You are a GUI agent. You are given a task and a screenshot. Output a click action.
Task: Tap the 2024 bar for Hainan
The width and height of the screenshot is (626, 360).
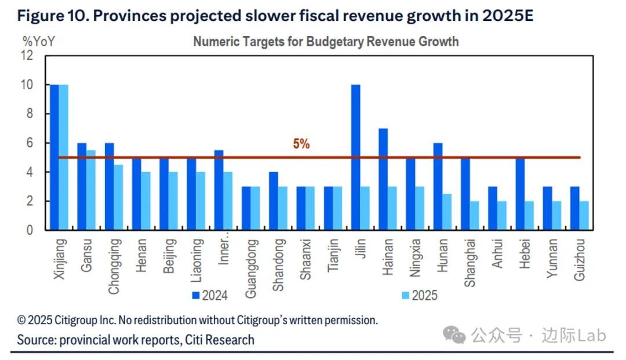click(x=383, y=179)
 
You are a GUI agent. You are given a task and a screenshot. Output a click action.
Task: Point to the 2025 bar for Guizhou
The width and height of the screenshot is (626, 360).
click(x=584, y=216)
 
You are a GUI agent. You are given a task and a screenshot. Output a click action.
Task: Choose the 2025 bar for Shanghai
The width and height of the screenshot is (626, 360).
click(x=474, y=216)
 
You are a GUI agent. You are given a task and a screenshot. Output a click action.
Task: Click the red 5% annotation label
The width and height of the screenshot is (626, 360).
click(x=301, y=144)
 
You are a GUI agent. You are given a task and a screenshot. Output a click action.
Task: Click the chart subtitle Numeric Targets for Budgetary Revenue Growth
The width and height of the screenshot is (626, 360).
click(x=326, y=42)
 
